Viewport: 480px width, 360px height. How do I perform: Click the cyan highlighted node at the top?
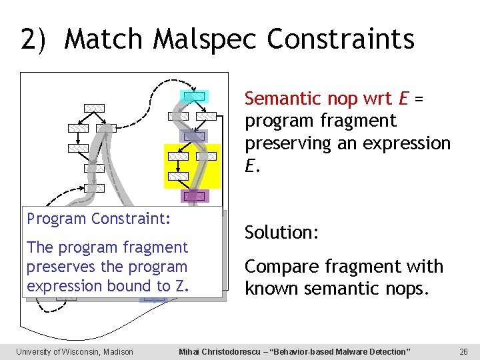point(194,96)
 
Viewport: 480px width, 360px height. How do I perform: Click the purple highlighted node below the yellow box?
point(194,196)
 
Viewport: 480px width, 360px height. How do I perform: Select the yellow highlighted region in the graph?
point(192,166)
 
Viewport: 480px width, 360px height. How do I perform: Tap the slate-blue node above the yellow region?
point(194,136)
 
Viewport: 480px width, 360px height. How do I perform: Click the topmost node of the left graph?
point(94,108)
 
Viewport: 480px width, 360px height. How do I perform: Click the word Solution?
point(282,233)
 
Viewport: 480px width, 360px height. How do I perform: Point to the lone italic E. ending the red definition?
point(250,167)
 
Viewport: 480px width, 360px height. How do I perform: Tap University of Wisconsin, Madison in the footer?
point(75,351)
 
